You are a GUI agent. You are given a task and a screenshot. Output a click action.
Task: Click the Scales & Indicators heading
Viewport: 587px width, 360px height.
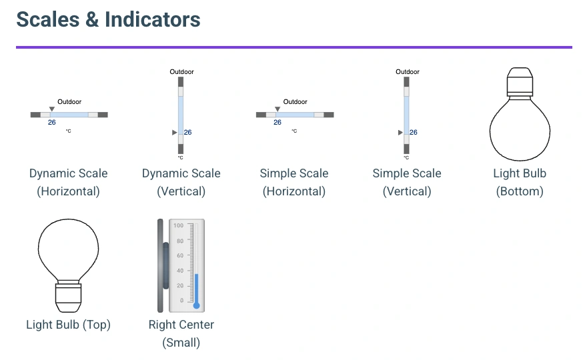tap(108, 19)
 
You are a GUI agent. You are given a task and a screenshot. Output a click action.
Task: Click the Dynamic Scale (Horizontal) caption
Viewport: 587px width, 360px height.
tap(68, 182)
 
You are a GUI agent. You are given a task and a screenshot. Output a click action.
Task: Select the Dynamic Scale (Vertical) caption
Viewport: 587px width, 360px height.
tap(181, 182)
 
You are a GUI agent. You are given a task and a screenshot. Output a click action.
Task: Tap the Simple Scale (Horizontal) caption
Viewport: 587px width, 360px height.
tap(293, 182)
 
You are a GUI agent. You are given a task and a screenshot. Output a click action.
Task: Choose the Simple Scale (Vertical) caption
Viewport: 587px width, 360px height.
tap(407, 182)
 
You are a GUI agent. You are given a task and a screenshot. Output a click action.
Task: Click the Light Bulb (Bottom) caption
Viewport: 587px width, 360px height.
tap(520, 182)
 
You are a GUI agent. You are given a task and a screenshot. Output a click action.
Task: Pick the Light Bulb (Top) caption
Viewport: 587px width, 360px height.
tap(68, 325)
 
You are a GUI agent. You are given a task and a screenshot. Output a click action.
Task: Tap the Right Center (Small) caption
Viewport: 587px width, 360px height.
tap(181, 333)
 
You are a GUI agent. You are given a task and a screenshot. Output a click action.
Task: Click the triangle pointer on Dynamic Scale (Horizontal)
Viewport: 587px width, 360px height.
tap(52, 108)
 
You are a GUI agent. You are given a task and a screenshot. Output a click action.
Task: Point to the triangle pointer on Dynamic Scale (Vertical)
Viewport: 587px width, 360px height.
tap(175, 133)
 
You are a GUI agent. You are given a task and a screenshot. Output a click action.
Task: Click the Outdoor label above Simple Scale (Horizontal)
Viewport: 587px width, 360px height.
tap(296, 102)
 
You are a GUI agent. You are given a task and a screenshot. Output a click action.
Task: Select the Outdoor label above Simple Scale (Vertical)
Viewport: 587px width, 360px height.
tap(408, 72)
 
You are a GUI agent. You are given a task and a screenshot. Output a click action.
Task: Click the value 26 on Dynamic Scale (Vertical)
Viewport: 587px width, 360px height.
tap(188, 133)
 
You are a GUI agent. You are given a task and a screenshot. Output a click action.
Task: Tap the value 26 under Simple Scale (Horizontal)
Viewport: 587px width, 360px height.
tap(277, 122)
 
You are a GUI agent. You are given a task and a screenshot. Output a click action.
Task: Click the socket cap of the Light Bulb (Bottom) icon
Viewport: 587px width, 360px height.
tap(520, 82)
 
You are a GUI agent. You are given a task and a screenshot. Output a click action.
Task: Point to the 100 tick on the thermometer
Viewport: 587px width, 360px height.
tap(179, 226)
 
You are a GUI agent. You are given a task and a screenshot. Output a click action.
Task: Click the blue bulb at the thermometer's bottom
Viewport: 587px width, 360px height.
tap(196, 305)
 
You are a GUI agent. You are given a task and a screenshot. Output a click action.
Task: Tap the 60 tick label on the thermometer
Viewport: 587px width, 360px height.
tap(179, 256)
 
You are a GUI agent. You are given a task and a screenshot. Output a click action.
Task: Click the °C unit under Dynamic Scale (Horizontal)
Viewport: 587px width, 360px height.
tap(68, 131)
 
